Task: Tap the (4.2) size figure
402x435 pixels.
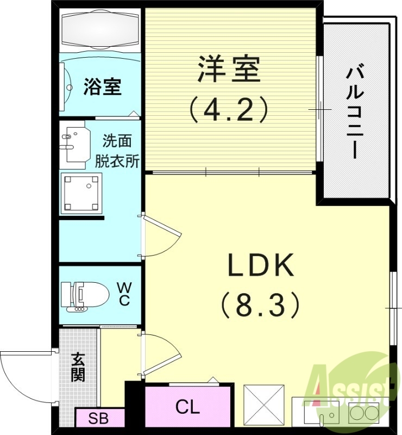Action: (x=229, y=109)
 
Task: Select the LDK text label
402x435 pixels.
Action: (x=261, y=266)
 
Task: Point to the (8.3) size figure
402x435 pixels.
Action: (x=261, y=304)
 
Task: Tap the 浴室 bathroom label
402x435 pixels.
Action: (x=102, y=86)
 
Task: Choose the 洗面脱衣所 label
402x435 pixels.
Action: (x=117, y=151)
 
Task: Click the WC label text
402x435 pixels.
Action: (x=124, y=294)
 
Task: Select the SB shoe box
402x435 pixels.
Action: (x=98, y=419)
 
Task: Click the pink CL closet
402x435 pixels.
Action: (x=187, y=406)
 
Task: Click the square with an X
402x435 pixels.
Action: (x=263, y=405)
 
